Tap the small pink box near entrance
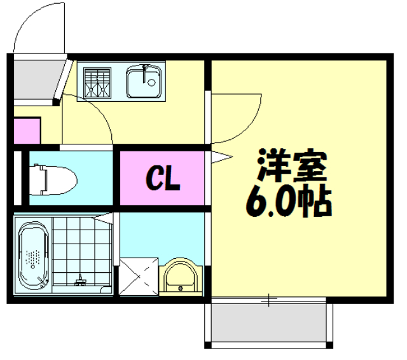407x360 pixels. pyautogui.click(x=27, y=131)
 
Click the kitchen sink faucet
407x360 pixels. pyautogui.click(x=147, y=68)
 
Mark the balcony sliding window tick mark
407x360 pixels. pyautogui.click(x=270, y=298)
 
